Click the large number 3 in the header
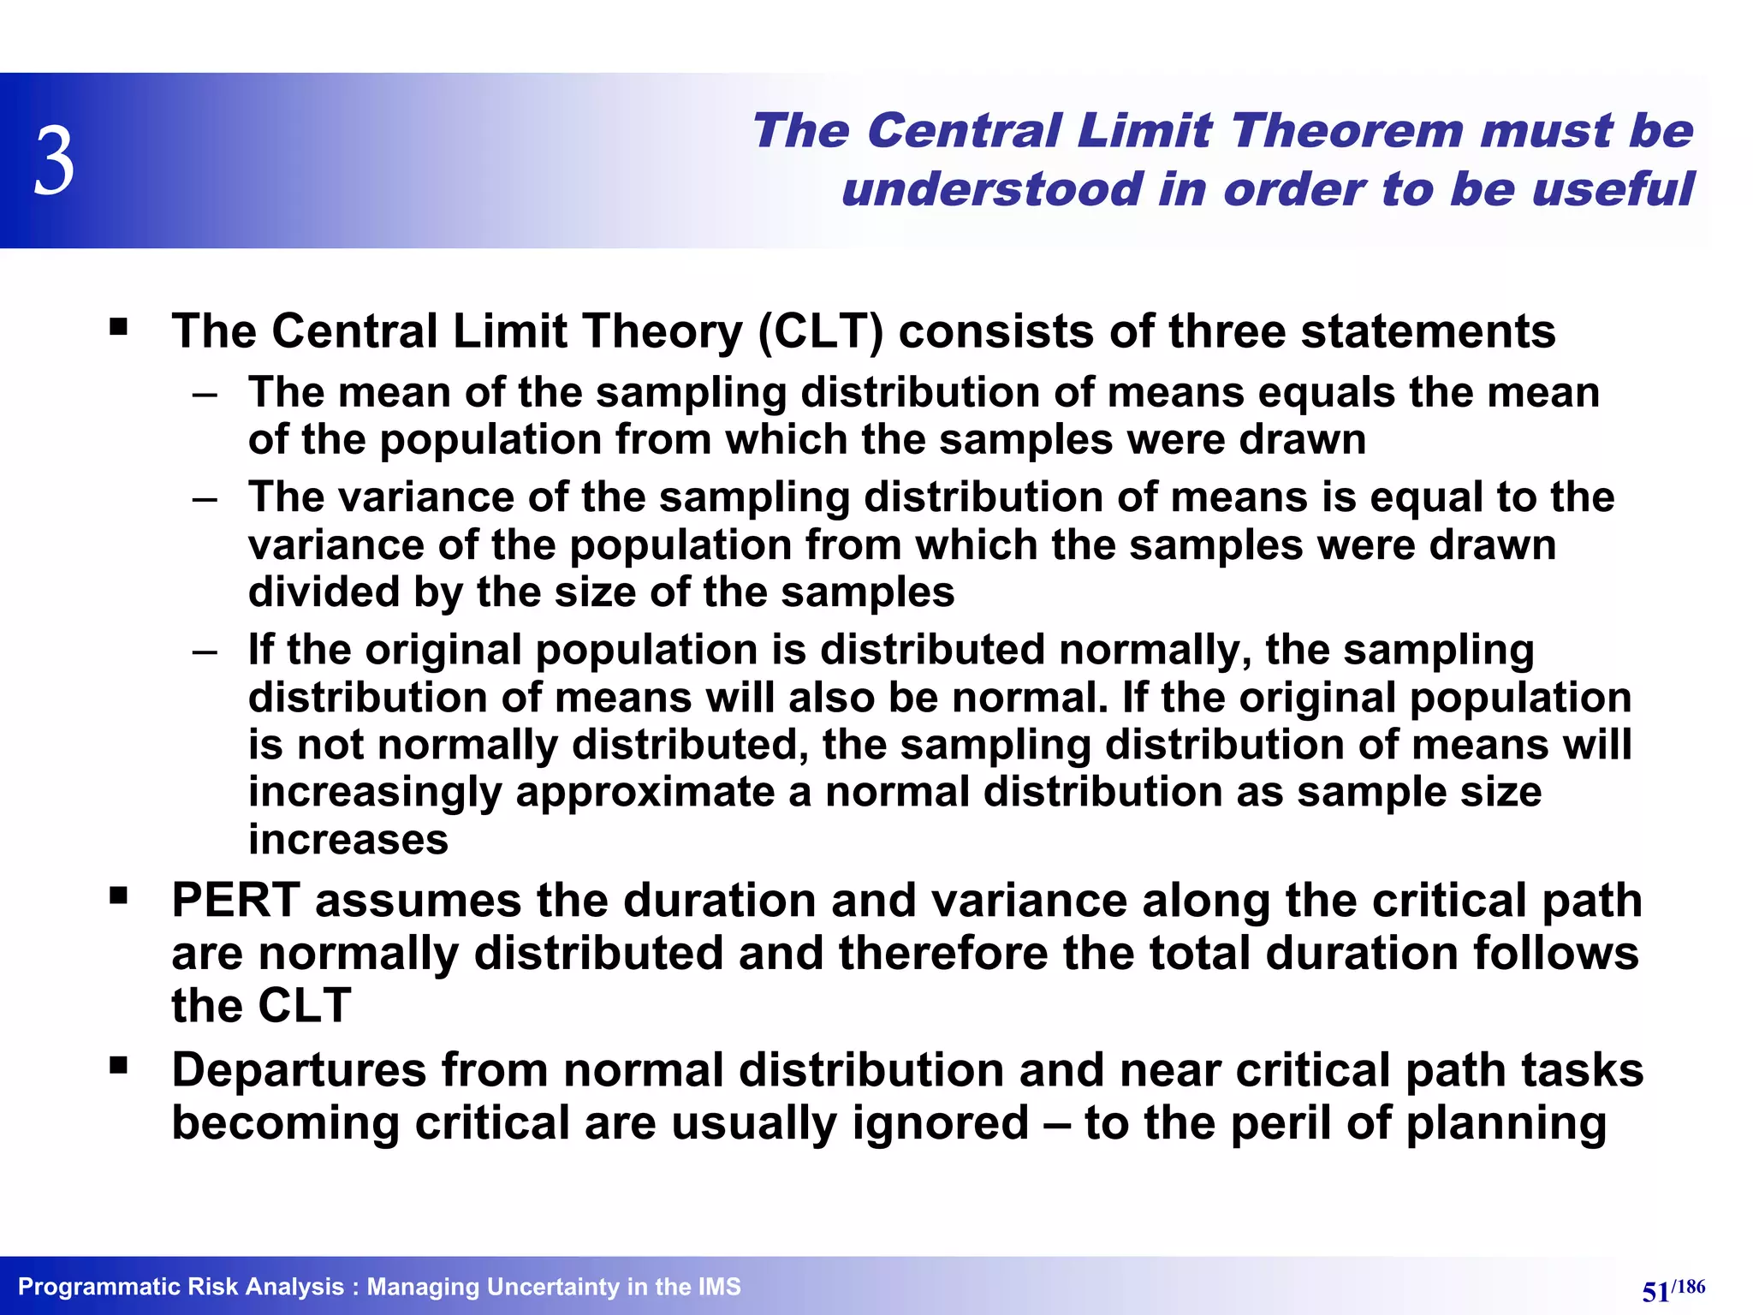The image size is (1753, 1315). [x=54, y=161]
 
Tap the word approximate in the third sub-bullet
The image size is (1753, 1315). [x=645, y=792]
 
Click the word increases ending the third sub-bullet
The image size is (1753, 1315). [x=348, y=839]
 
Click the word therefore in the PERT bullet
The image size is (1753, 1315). [x=942, y=953]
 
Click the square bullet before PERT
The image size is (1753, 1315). [x=118, y=897]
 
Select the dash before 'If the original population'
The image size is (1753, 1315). [x=205, y=652]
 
